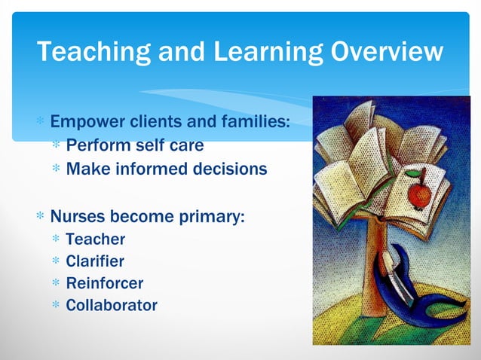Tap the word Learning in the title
click(253, 52)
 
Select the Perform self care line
click(134, 145)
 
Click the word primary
click(213, 217)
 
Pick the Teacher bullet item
click(95, 239)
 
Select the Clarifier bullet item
click(95, 261)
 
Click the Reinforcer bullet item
click(104, 283)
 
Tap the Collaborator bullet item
click(112, 305)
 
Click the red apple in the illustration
click(418, 194)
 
